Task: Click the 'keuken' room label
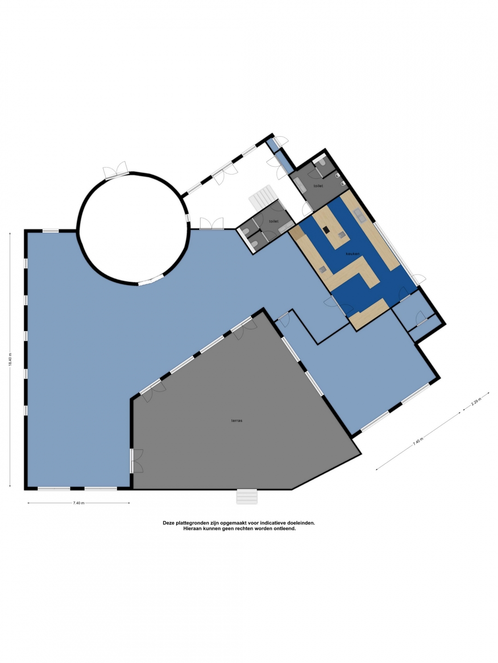tap(353, 254)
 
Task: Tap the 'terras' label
tap(237, 420)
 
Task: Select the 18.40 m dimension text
tap(10, 360)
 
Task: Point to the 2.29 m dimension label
tap(476, 403)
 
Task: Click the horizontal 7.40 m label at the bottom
tap(78, 503)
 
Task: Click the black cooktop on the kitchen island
tap(326, 230)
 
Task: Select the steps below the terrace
tap(247, 496)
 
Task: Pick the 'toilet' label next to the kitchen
tap(318, 186)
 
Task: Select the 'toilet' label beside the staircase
tap(273, 221)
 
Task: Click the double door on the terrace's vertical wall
tap(136, 460)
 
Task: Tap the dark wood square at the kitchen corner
tap(296, 232)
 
